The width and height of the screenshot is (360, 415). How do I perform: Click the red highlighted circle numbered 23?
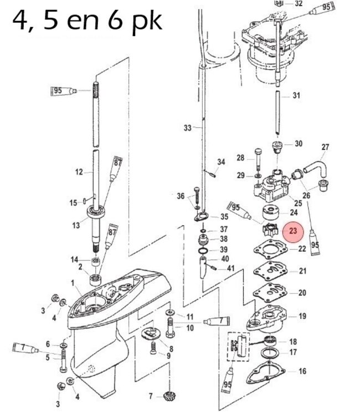(x=293, y=231)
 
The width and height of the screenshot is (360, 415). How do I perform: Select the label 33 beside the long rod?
(x=187, y=128)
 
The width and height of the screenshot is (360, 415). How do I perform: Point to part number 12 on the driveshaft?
(x=79, y=172)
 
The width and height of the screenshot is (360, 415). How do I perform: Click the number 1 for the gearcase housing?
(x=73, y=283)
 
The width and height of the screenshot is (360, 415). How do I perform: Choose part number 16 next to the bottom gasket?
(x=302, y=371)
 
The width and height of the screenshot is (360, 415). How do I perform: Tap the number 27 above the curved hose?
(x=325, y=147)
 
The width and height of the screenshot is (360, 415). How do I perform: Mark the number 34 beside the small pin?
(x=221, y=162)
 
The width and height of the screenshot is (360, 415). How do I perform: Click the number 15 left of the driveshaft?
(x=73, y=203)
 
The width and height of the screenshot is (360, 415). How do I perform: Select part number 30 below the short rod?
(x=299, y=144)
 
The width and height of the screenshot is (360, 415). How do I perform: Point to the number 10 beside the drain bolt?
(x=189, y=328)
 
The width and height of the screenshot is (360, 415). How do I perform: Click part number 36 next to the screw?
(x=181, y=196)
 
